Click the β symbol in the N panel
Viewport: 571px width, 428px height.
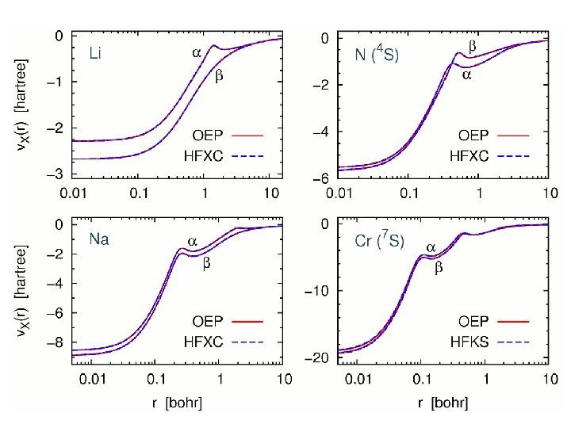pyautogui.click(x=473, y=48)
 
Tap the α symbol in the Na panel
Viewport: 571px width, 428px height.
pyautogui.click(x=192, y=240)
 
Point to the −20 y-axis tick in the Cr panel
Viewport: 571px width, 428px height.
pyautogui.click(x=322, y=359)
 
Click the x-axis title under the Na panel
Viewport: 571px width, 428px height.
pyautogui.click(x=178, y=403)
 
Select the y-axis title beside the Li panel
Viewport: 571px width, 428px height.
pyautogui.click(x=23, y=108)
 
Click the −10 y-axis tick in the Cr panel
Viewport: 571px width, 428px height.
pyautogui.click(x=322, y=291)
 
